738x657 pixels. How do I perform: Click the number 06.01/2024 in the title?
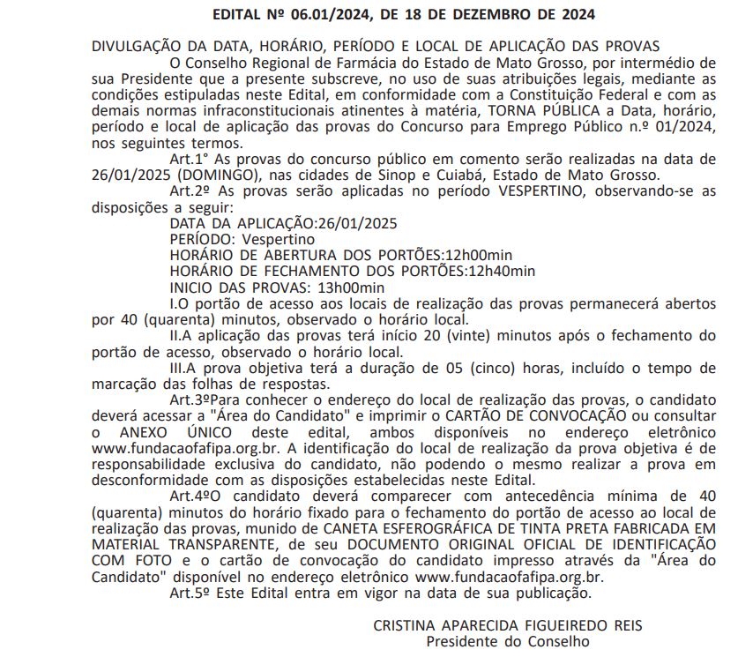[336, 14]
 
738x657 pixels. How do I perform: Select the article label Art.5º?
[190, 593]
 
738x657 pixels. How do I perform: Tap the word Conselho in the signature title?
[559, 641]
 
